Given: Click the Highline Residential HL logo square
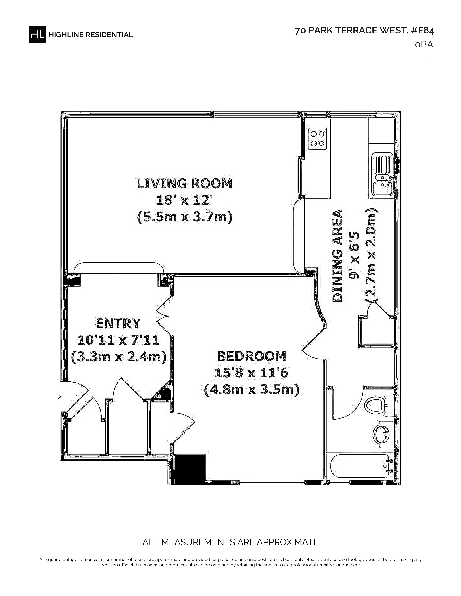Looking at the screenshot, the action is [37, 34].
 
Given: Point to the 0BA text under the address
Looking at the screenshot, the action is [424, 44].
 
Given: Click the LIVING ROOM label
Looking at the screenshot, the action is [185, 183].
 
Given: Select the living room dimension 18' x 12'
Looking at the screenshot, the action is [185, 201].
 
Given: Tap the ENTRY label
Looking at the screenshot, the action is [118, 324].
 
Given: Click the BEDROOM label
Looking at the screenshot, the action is [252, 356].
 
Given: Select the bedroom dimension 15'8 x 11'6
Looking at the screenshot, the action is [251, 373].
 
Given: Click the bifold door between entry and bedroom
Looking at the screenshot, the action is [165, 316].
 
